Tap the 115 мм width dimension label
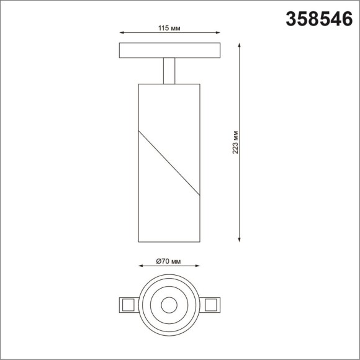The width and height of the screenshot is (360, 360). point(169,28)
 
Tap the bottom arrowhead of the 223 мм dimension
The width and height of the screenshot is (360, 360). point(240,240)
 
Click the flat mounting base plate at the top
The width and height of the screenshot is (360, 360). point(169,50)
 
